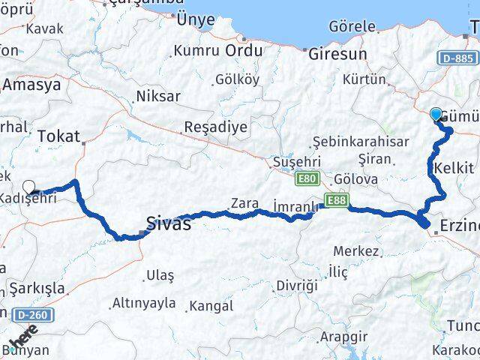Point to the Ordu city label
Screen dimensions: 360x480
click(x=244, y=50)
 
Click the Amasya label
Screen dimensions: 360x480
click(x=31, y=85)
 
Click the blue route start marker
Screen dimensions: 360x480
click(x=436, y=115)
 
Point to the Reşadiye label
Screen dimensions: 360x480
click(x=215, y=126)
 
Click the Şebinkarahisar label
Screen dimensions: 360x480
click(x=361, y=141)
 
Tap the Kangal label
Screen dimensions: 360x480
click(x=211, y=306)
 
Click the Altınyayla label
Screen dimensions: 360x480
click(x=143, y=303)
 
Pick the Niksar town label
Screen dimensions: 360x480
click(x=157, y=96)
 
